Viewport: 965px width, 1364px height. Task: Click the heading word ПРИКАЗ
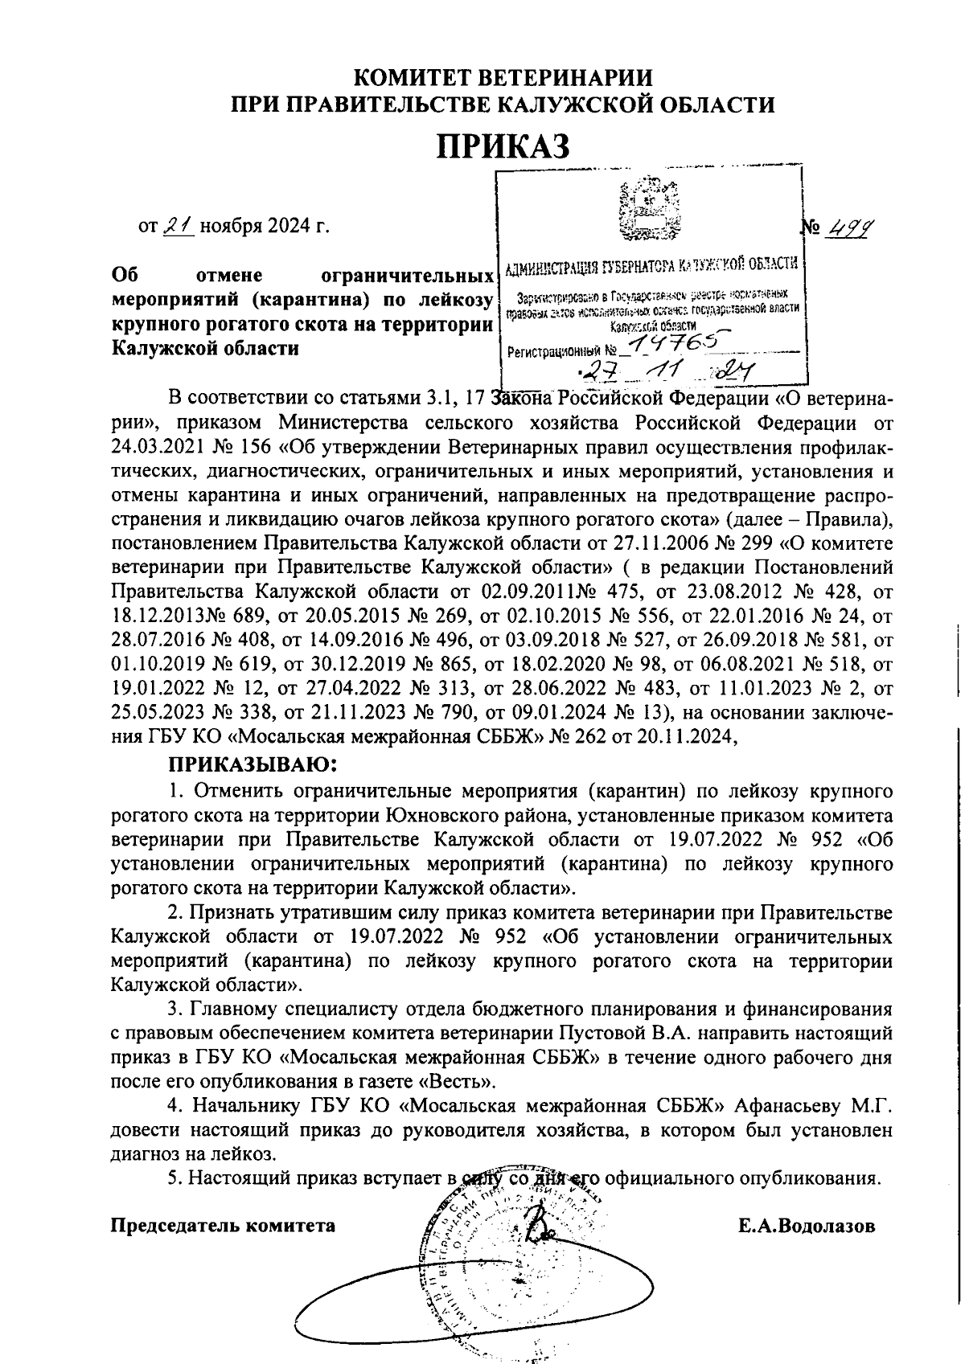tap(503, 146)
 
